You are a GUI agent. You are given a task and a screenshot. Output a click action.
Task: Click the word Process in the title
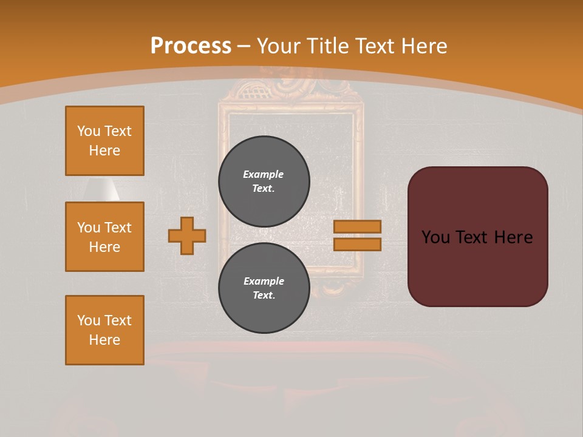point(191,46)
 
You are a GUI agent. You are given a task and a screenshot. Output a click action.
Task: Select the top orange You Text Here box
point(104,141)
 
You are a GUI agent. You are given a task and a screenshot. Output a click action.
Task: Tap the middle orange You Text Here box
point(104,237)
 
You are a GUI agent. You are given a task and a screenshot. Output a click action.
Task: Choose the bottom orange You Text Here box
point(104,330)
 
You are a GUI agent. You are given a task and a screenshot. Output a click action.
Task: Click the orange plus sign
point(187,235)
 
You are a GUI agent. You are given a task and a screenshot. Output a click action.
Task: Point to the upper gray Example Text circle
point(264,181)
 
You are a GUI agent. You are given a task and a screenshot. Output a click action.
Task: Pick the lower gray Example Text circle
point(264,288)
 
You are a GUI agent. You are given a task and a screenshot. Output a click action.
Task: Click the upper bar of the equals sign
point(357,226)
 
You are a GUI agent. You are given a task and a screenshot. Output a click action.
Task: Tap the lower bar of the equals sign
point(357,244)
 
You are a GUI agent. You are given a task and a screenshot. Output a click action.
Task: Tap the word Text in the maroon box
point(475,237)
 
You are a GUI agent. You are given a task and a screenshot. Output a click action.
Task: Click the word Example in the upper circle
point(264,174)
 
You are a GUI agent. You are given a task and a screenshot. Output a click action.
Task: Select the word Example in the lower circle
point(264,281)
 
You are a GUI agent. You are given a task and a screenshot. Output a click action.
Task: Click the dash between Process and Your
point(244,46)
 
